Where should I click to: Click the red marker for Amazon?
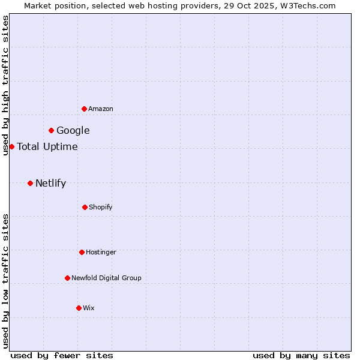tap(84, 109)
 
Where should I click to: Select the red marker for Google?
tap(52, 130)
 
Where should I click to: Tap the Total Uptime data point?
tap(11, 146)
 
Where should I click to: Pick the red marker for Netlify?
tap(30, 183)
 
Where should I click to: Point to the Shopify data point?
tap(85, 207)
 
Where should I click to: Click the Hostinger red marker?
tap(82, 252)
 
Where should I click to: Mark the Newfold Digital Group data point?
tap(67, 278)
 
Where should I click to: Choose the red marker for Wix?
tap(79, 308)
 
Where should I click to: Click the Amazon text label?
tap(101, 109)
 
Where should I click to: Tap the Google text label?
tap(73, 130)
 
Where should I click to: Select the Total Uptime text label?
tap(47, 146)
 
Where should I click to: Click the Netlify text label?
tap(51, 183)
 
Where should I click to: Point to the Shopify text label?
tap(101, 207)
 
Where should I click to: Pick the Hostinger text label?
tap(101, 252)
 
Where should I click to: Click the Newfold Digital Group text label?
tap(107, 278)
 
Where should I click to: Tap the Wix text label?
tap(89, 308)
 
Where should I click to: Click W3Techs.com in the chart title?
tap(306, 5)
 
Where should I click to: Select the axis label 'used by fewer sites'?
tap(62, 355)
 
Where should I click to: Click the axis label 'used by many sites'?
tap(301, 355)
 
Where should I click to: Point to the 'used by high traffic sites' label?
tap(5, 85)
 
